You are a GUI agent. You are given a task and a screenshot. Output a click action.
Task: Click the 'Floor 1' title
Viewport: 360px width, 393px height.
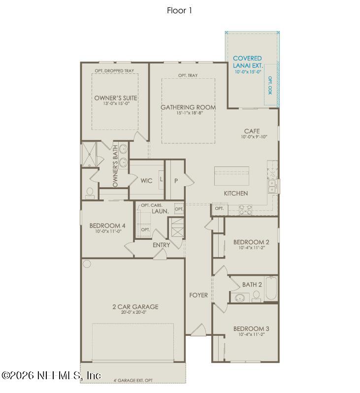[x=179, y=10]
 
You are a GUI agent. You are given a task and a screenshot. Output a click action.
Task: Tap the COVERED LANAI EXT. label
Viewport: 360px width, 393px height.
[x=247, y=62]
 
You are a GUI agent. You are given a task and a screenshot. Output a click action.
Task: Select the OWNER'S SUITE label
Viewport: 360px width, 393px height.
[x=116, y=98]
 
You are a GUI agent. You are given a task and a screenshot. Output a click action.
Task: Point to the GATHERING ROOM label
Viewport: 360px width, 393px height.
[x=188, y=107]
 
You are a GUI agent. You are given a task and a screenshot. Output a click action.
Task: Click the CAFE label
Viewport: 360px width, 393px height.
[x=252, y=131]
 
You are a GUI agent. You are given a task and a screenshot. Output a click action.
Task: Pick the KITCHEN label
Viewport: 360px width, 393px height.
[x=236, y=194]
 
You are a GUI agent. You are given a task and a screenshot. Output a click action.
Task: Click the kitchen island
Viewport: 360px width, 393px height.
[x=231, y=175]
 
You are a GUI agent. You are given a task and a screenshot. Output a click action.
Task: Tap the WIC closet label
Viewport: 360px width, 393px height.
[x=146, y=181]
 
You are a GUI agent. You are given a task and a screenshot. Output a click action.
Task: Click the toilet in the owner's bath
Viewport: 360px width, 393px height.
[x=89, y=193]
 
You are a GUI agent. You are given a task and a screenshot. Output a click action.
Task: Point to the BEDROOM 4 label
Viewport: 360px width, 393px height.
[x=107, y=226]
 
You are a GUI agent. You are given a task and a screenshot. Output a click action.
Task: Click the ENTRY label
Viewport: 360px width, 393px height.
[x=162, y=245]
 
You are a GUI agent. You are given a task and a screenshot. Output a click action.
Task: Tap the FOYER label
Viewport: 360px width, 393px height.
[x=198, y=295]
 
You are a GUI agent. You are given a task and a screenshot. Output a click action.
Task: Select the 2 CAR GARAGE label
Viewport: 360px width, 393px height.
[x=135, y=307]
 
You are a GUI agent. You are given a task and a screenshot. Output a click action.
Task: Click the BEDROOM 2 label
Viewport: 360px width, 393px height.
[x=251, y=242]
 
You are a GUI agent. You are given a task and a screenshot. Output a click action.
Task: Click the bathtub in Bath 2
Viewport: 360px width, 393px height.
[x=271, y=290]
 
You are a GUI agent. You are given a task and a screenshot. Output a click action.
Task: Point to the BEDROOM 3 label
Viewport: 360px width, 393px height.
[x=251, y=328]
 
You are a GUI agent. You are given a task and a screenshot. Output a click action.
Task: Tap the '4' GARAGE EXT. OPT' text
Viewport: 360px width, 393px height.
[x=133, y=381]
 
